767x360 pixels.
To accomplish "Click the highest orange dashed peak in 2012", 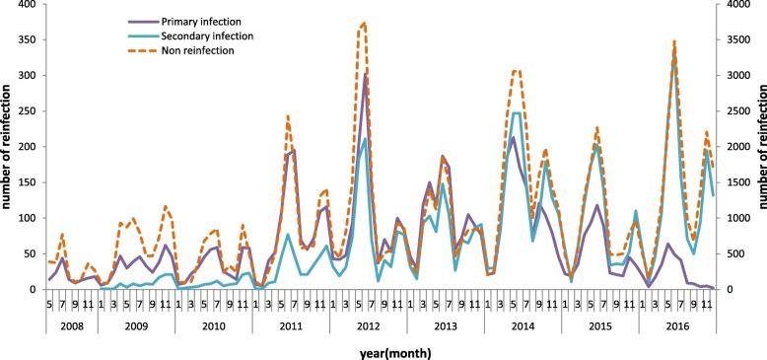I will click(365, 23).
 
